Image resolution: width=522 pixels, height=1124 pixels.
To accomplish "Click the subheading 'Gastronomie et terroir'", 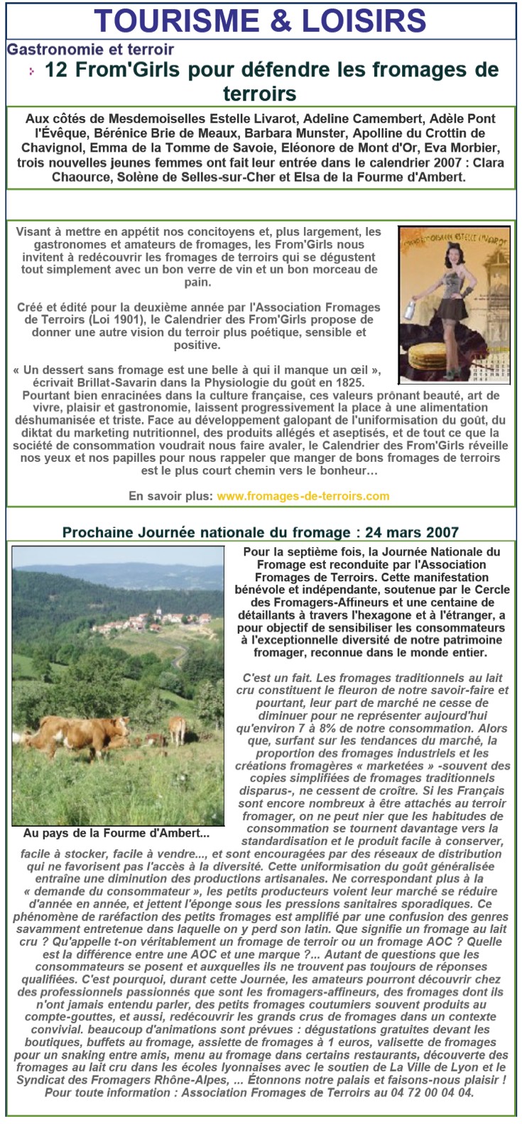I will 90,50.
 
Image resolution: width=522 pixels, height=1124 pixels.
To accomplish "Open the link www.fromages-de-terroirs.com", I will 303,496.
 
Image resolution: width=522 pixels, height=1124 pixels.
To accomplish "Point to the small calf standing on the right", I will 176,727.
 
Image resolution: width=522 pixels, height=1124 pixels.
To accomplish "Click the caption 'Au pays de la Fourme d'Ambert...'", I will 116,833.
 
